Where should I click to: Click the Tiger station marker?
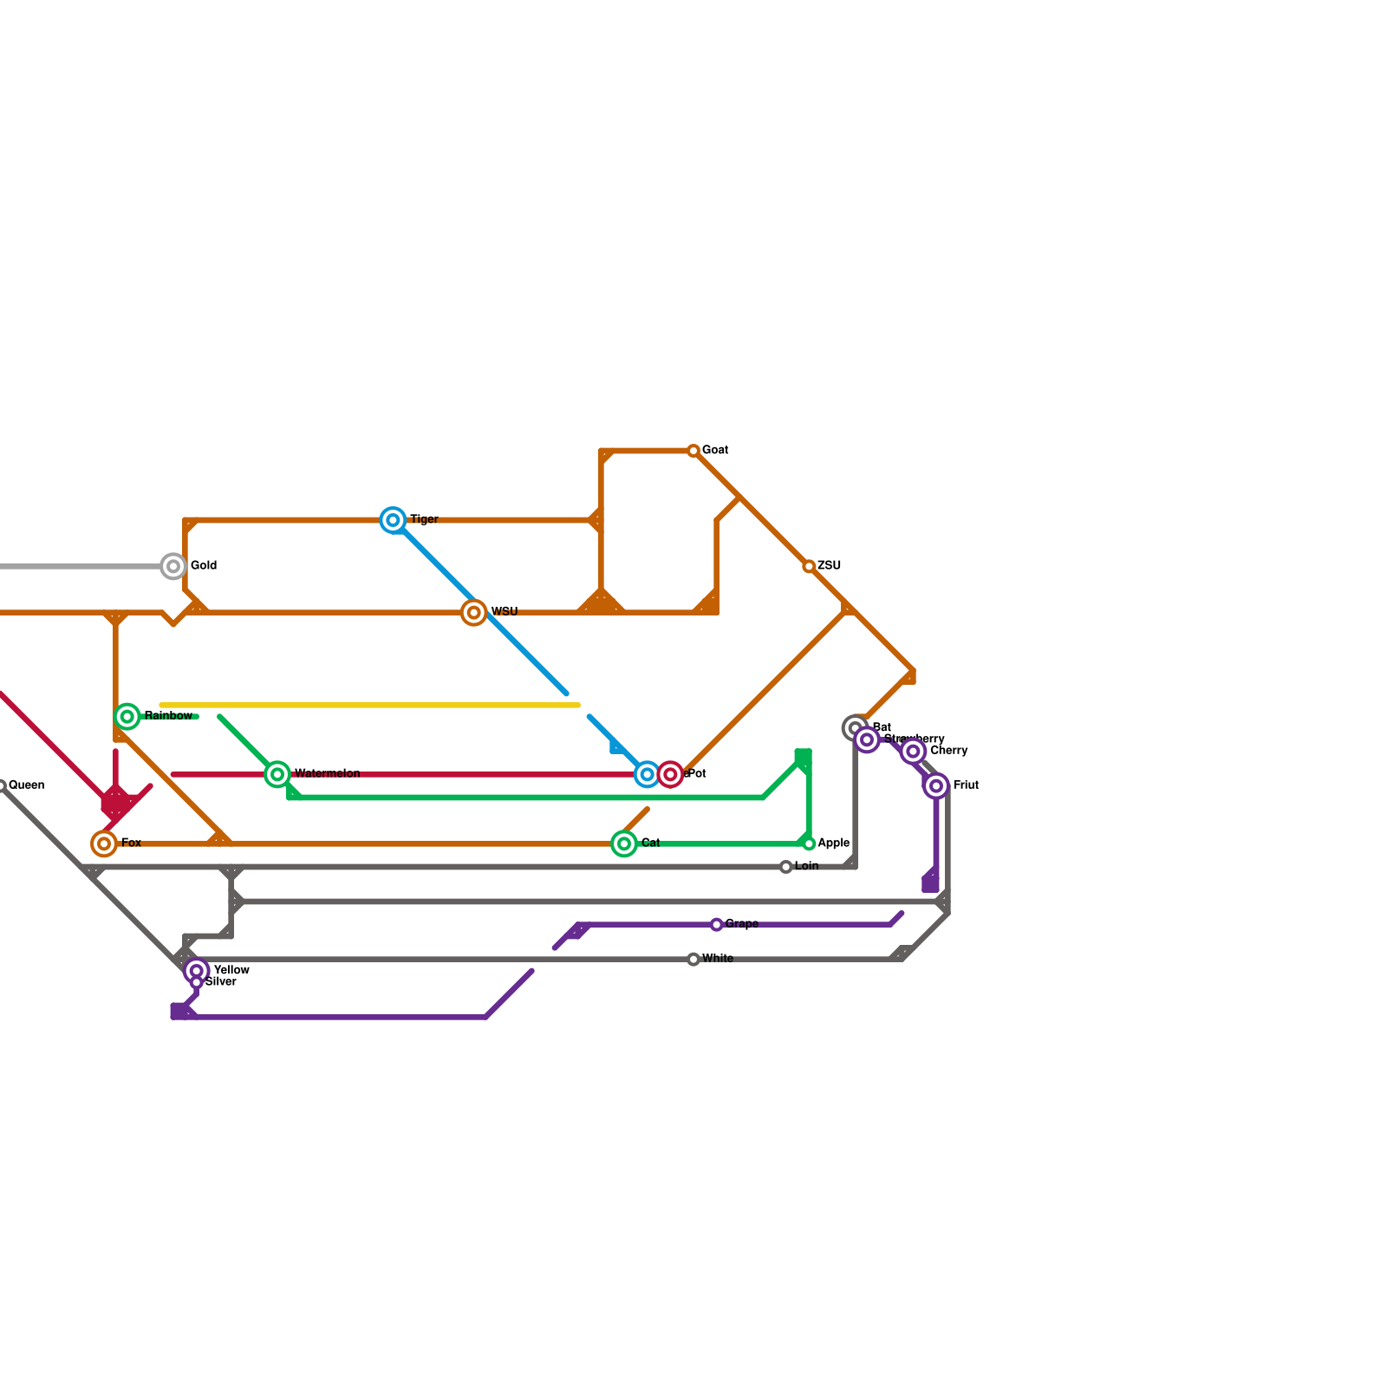[x=394, y=520]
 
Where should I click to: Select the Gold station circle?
[x=173, y=567]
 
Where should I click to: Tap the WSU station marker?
[x=473, y=613]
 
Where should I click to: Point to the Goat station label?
[x=714, y=451]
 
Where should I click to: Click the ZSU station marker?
[x=809, y=567]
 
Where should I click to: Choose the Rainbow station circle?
[x=127, y=717]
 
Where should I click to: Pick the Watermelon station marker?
[x=277, y=774]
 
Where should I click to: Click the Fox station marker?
[x=104, y=843]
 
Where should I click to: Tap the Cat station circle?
[x=624, y=843]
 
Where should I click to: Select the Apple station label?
[x=833, y=843]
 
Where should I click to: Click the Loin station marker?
[x=785, y=867]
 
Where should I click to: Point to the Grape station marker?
[x=716, y=925]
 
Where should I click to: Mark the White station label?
[x=718, y=959]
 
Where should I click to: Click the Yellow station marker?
[x=197, y=971]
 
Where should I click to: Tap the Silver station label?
[x=220, y=982]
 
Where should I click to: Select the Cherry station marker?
[x=913, y=752]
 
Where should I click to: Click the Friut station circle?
[x=936, y=786]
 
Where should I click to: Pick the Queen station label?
[x=26, y=785]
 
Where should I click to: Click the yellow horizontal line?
[x=369, y=706]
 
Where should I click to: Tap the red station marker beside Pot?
[x=670, y=774]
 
